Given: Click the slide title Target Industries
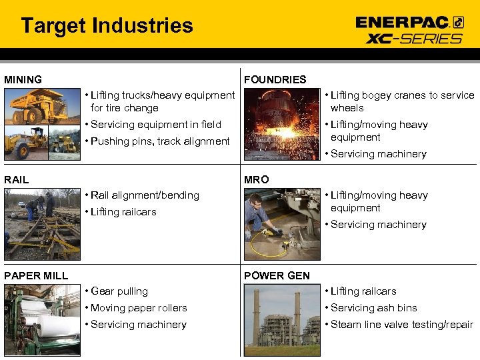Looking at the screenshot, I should pos(107,26).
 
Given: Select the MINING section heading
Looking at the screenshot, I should pos(23,80).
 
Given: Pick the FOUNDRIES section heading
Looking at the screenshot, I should pos(275,80).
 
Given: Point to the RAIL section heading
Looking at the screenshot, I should pos(17,179).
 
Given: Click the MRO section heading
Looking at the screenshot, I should pos(257,179).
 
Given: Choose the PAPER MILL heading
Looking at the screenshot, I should pos(36,275).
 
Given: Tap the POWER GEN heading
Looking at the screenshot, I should pos(277,275).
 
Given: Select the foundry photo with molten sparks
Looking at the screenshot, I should pos(282,124).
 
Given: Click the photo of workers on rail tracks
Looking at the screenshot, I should pos(42,223).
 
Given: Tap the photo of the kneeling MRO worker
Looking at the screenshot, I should pos(282,223).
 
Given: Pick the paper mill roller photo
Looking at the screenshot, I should pos(42,320).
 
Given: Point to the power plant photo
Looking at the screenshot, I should pos(282,320).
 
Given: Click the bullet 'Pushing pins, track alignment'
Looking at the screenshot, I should pos(160,141).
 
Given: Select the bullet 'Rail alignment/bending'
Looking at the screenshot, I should pos(145,195).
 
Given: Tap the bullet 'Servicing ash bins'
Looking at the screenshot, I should pos(373,308).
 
